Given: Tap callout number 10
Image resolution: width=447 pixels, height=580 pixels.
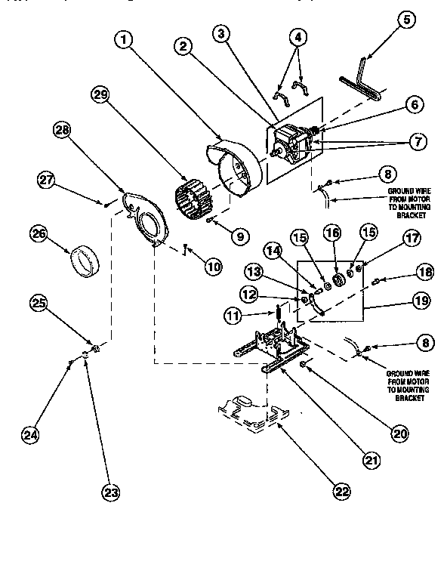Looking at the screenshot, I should (214, 266).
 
